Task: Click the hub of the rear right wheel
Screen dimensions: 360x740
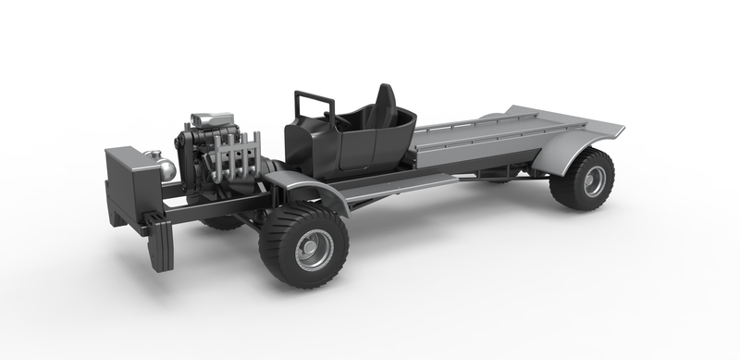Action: click(592, 180)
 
